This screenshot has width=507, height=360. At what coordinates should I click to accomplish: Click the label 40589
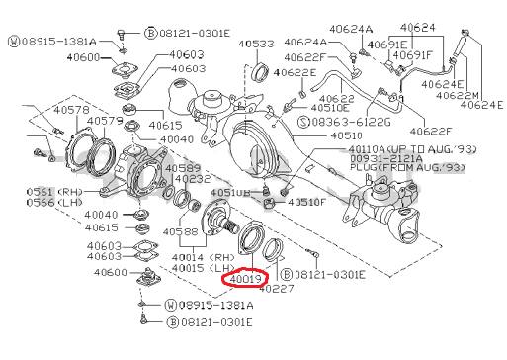[x=182, y=169]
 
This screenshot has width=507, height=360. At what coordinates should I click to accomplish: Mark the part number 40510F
[x=306, y=202]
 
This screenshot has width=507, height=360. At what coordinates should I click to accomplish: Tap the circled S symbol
[x=303, y=120]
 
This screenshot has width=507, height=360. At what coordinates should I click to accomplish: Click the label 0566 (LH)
[x=42, y=202]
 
